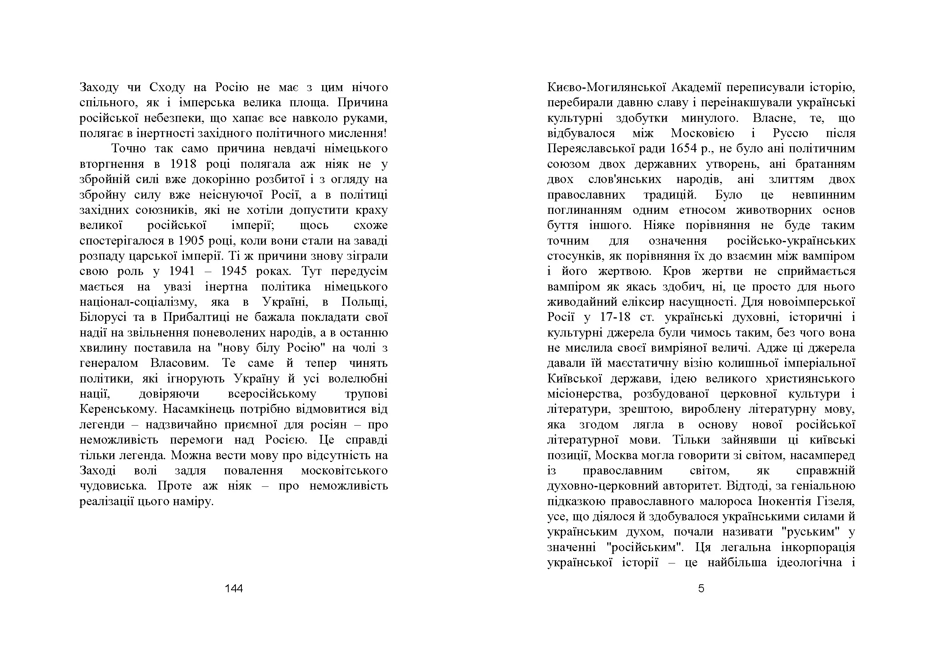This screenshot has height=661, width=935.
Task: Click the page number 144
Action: click(234, 588)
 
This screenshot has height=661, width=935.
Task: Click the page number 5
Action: click(701, 588)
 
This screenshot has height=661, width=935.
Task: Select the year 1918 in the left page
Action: click(183, 164)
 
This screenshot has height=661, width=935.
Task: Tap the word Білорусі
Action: click(103, 317)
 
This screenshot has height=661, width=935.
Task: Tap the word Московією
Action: click(702, 133)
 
